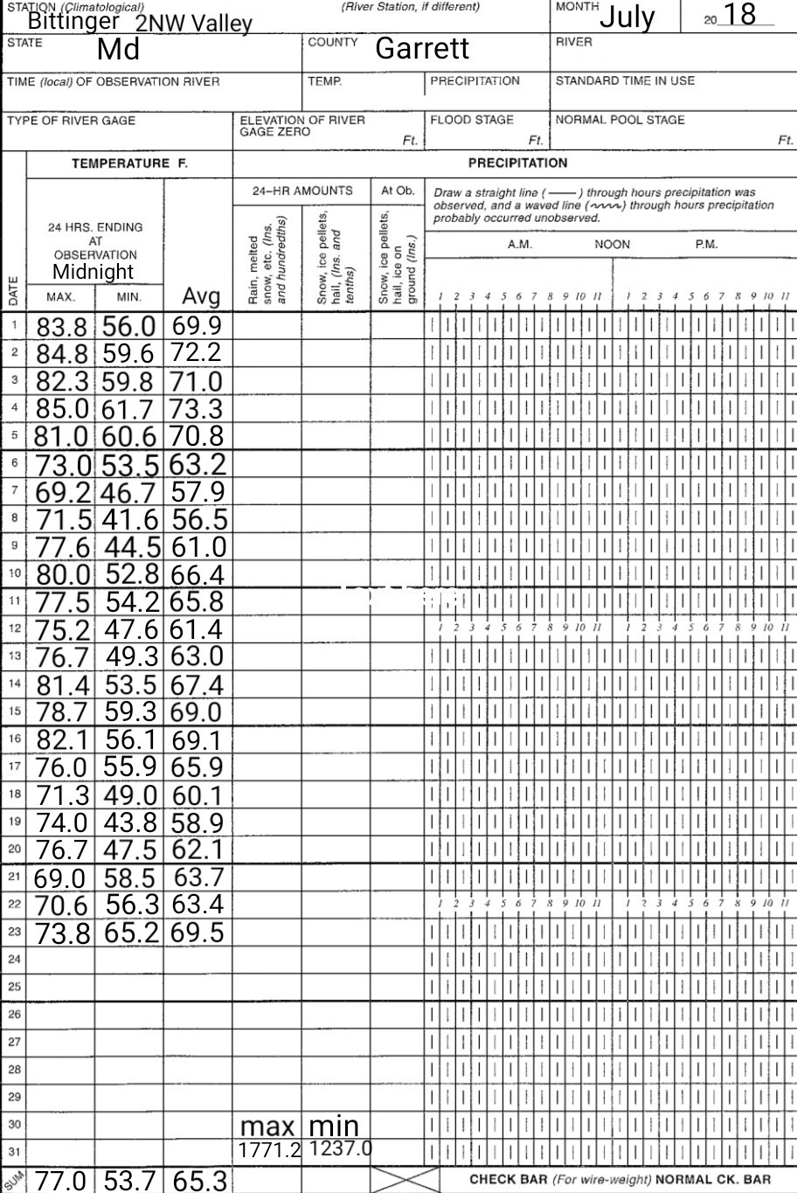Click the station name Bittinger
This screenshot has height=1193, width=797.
click(73, 19)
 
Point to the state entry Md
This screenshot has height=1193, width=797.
click(119, 49)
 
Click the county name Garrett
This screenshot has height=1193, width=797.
click(422, 48)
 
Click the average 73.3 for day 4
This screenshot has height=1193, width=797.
click(197, 408)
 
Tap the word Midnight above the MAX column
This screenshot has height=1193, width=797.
click(94, 271)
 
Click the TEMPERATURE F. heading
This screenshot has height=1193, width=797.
click(129, 163)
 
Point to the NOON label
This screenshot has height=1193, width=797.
click(612, 245)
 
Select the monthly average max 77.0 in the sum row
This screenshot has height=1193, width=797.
click(63, 1181)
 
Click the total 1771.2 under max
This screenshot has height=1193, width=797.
click(270, 1151)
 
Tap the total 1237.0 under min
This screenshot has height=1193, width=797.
click(341, 1148)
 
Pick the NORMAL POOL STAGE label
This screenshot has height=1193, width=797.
click(620, 120)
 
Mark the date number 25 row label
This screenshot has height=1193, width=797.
click(13, 987)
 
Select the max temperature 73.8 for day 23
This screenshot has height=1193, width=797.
click(63, 933)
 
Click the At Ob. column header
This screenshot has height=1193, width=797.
click(398, 191)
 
